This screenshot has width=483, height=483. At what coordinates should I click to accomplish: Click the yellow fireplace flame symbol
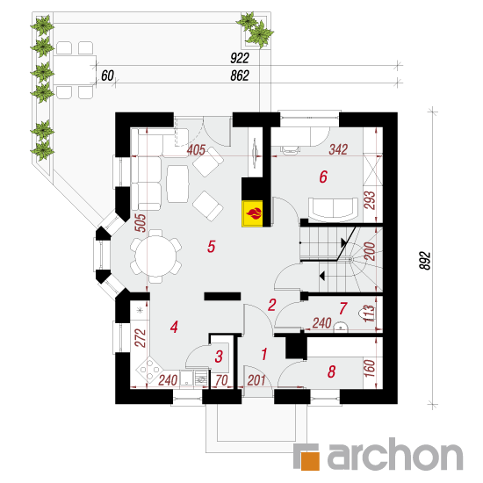[x=252, y=213]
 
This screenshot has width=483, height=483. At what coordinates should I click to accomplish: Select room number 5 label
[x=211, y=247]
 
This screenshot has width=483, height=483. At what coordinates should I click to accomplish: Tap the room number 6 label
[x=323, y=177]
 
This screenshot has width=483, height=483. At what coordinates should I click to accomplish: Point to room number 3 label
[x=219, y=357]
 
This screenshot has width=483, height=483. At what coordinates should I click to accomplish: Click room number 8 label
[x=331, y=371]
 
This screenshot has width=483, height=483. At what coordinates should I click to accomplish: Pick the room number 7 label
[x=342, y=308]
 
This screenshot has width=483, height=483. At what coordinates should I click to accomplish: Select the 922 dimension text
[x=240, y=58]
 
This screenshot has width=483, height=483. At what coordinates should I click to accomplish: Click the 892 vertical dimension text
[x=425, y=261]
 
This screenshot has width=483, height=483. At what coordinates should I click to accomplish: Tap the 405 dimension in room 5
[x=196, y=150]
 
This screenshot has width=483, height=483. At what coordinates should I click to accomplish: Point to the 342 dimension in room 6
[x=338, y=149]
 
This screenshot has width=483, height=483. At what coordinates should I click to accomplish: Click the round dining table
[x=155, y=256]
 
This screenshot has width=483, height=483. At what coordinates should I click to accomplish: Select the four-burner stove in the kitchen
[x=149, y=370]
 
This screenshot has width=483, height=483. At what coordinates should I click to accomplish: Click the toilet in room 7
[x=365, y=314]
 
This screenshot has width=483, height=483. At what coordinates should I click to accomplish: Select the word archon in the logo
[x=395, y=454]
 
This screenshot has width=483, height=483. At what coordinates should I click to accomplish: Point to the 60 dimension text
[x=107, y=76]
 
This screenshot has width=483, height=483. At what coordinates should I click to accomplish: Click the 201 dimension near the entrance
[x=256, y=380]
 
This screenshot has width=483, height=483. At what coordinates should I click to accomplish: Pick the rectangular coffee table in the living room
[x=177, y=184]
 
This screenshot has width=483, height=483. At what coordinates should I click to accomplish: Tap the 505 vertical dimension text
[x=141, y=223]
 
